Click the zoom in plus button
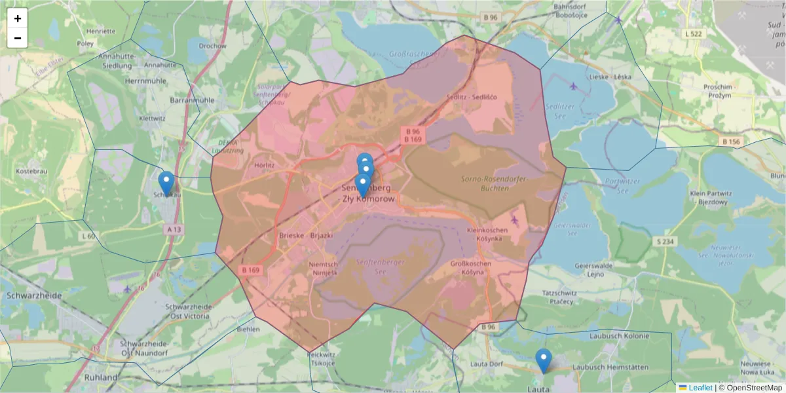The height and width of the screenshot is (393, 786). click(x=18, y=18)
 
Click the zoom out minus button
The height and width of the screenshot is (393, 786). click(x=18, y=38)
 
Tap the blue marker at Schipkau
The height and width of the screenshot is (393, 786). click(x=167, y=183)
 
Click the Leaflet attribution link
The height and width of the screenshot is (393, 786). click(x=700, y=388)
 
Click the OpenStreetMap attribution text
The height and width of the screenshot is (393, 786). click(x=754, y=388)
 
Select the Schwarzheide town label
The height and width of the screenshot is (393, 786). click(x=33, y=295)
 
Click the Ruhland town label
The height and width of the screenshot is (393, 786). click(x=101, y=378)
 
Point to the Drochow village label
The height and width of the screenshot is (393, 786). click(x=212, y=46)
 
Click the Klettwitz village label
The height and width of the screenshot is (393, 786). click(x=152, y=119)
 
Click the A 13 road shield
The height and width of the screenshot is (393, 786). click(x=174, y=229)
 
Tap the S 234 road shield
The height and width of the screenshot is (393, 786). click(x=665, y=242)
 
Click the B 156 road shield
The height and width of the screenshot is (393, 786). click(x=731, y=141)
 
